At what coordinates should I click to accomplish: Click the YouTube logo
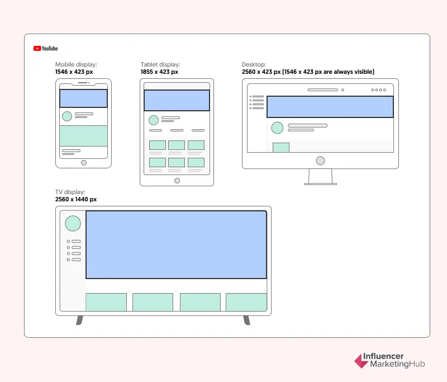click(46, 49)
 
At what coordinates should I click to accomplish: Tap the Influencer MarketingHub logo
click(389, 360)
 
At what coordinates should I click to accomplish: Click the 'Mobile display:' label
click(76, 64)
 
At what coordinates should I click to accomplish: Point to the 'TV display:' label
click(70, 192)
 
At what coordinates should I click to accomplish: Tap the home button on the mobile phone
click(84, 163)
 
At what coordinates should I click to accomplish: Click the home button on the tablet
click(177, 181)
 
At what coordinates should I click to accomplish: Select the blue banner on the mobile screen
click(83, 98)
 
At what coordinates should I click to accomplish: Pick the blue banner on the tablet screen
click(177, 101)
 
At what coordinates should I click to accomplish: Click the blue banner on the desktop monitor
click(330, 107)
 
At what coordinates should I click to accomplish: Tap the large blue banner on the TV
click(177, 245)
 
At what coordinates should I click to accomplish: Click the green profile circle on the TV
click(73, 223)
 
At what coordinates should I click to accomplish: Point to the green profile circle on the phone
click(67, 116)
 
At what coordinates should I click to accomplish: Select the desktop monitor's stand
click(320, 177)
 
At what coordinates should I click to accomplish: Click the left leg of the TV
click(79, 320)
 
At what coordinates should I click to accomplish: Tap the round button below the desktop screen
click(320, 161)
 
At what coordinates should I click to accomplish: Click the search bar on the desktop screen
click(323, 90)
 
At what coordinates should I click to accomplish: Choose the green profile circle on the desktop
click(277, 128)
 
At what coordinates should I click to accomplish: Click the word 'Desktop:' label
click(254, 64)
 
